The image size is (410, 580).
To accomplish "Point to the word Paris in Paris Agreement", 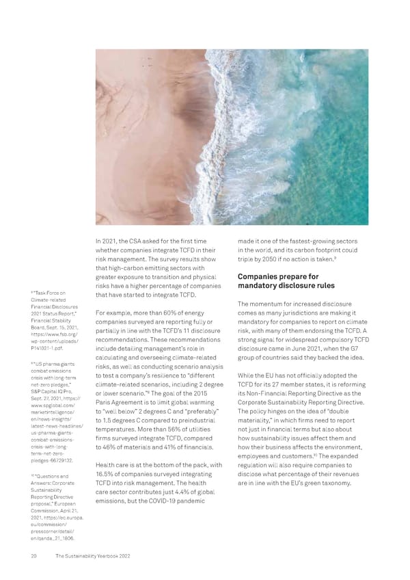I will (x=106, y=403).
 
